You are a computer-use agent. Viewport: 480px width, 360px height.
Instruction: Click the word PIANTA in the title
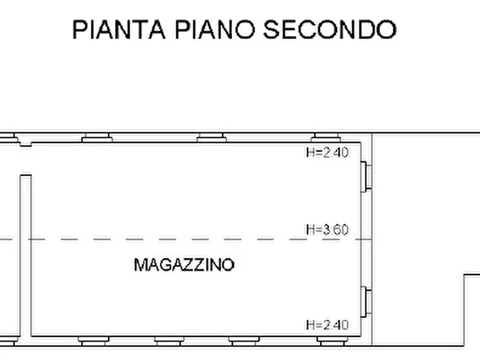(118, 30)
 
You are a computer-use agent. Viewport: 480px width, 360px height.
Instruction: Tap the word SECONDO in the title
(329, 30)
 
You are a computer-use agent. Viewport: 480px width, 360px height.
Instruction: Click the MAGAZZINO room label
(184, 265)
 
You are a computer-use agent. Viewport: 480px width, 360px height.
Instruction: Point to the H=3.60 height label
(327, 230)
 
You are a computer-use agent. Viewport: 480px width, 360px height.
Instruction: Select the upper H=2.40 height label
(327, 153)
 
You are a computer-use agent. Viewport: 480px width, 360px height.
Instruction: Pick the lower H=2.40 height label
(327, 325)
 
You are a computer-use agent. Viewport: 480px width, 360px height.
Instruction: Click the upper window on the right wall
(367, 175)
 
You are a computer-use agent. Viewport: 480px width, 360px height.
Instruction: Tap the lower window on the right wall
(367, 301)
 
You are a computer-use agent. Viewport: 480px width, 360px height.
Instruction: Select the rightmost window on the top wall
(327, 138)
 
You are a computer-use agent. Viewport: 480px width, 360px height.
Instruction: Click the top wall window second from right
(211, 138)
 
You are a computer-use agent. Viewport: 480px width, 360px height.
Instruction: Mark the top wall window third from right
(97, 138)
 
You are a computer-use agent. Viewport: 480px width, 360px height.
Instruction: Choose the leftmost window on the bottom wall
(94, 341)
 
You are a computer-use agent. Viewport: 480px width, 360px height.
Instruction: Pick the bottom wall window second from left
(169, 341)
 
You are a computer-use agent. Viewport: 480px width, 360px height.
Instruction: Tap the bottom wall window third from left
(244, 341)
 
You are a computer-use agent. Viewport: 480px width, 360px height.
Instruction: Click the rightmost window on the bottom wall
(332, 341)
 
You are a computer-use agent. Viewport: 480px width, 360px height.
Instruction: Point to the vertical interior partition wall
(26, 255)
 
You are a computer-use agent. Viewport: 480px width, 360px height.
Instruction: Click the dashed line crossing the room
(161, 239)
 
